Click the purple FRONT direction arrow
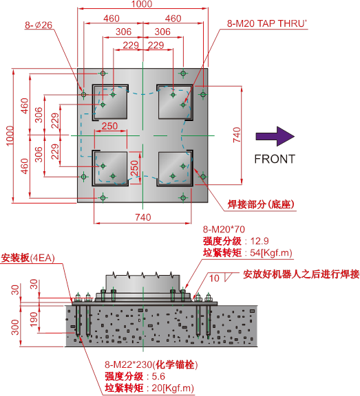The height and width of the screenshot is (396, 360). coord(275,136)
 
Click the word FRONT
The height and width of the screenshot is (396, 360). coord(275,159)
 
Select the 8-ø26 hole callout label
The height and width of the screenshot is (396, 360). coord(39,25)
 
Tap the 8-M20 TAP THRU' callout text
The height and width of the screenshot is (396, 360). coord(266,23)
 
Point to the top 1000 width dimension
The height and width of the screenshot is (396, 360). coord(142,4)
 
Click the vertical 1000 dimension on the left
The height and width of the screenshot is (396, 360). coord(10,135)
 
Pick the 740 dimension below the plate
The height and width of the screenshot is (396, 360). coord(143,217)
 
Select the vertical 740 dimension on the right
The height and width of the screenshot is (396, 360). coord(237,135)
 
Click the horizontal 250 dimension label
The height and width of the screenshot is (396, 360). coord(109,126)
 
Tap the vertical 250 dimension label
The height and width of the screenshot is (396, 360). coord(134,168)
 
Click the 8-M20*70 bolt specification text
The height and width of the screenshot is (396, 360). coord(224,230)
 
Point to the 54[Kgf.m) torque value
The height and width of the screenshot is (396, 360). coord(271,252)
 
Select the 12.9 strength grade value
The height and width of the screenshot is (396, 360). coord(260,241)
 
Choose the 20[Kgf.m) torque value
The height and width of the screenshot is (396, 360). coord(173,388)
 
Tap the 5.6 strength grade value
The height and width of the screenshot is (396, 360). coord(158,376)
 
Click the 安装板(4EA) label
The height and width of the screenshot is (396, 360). coord(28,258)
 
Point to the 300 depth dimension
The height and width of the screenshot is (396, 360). coord(15,327)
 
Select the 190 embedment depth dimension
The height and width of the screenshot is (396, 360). coord(34,319)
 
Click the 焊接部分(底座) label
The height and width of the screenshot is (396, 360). coord(261,204)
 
